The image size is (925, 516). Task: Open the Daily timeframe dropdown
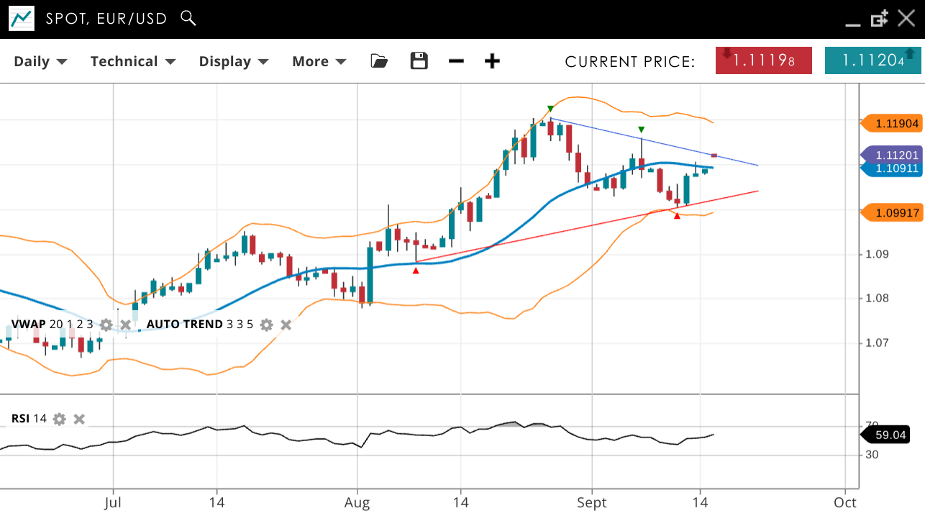coord(40,61)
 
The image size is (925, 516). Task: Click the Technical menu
coord(132,61)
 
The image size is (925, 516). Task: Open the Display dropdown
coord(233,61)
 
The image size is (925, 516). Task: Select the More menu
coord(319,61)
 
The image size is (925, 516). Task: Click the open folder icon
coord(379,61)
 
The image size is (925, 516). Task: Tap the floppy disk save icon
coord(419,61)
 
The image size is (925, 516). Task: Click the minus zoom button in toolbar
coord(456,61)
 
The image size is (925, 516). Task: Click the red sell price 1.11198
coord(763,60)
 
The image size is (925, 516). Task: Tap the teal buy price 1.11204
coord(872,60)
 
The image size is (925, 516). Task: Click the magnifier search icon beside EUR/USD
coord(188,18)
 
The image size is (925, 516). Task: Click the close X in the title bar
coord(906,19)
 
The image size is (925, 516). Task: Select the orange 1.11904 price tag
coord(893,124)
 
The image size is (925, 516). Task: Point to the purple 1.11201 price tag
coord(893,155)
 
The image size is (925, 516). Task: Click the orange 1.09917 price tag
coord(893,213)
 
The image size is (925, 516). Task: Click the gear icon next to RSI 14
coord(60,419)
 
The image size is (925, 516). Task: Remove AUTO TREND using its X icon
coord(286,325)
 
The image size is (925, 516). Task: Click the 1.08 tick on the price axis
coord(876,298)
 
